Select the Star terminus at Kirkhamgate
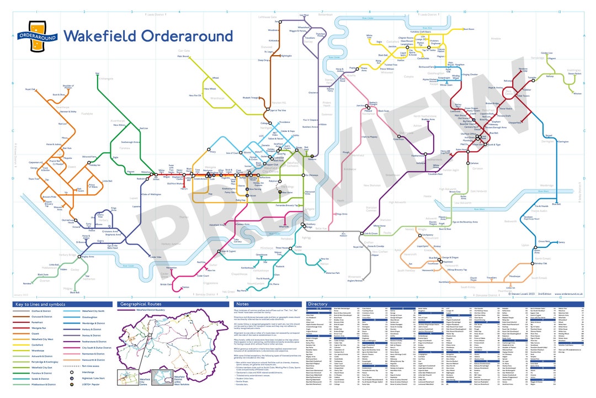coord(97,74)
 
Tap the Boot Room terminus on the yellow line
coord(469,29)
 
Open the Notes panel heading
coord(243,304)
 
